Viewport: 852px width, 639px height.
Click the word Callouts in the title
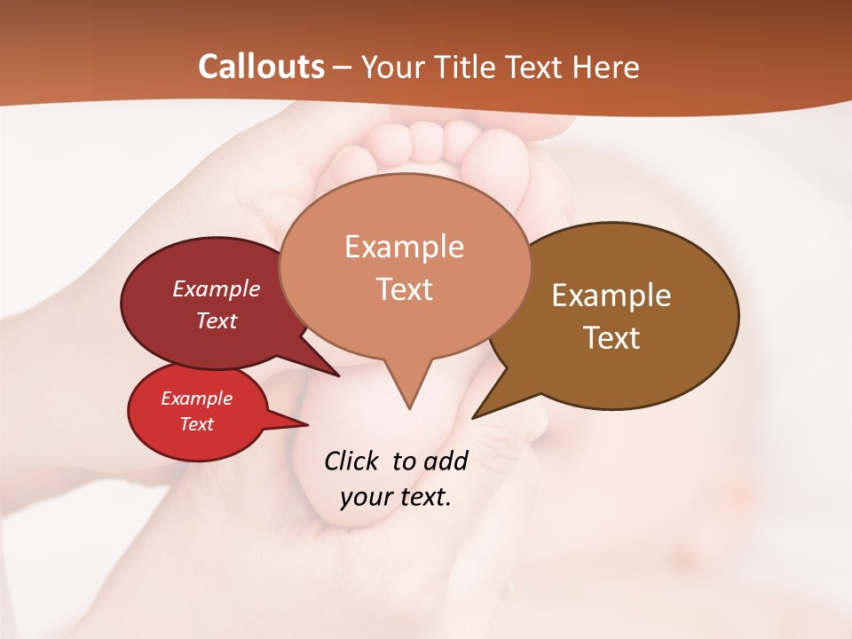[261, 67]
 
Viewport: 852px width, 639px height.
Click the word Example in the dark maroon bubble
[216, 288]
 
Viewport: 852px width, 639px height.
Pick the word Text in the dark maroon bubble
[216, 320]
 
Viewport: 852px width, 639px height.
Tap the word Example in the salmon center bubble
[404, 247]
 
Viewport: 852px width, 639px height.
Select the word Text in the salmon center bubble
[404, 289]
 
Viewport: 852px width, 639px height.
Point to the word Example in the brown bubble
[611, 295]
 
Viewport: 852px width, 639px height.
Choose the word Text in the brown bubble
[611, 337]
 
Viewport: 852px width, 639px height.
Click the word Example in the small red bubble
[196, 398]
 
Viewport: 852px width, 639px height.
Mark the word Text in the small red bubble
[196, 424]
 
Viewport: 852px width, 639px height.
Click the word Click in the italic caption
[352, 461]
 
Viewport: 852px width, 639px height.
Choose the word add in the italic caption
[445, 461]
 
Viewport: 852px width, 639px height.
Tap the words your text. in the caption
[396, 496]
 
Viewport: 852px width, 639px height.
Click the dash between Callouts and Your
[343, 67]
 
